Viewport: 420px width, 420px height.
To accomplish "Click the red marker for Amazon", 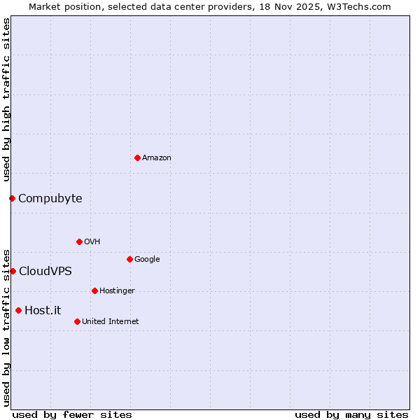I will [137, 157].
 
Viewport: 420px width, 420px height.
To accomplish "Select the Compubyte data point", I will [12, 198].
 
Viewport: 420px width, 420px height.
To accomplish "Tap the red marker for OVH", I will [79, 241].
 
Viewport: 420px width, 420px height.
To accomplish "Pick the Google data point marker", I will [129, 259].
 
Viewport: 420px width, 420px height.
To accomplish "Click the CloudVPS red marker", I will [13, 271].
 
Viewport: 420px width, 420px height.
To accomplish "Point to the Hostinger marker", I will [94, 290].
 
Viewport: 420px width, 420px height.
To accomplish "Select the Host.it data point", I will [18, 310].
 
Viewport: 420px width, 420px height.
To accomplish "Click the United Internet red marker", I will [77, 321].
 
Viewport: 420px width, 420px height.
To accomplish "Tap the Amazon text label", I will [157, 158].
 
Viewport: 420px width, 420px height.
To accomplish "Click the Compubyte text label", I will [50, 199].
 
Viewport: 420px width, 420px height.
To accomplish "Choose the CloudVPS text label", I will [45, 272].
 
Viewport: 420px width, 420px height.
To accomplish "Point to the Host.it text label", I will [43, 311].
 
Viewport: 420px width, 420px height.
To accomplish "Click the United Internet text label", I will [111, 322].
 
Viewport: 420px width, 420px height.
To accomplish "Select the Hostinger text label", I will [117, 291].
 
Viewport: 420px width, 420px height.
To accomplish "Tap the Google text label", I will [147, 260].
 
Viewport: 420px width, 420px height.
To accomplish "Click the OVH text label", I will [92, 242].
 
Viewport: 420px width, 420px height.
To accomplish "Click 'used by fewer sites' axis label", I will [72, 414].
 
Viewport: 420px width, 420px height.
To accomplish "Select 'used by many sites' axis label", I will [351, 414].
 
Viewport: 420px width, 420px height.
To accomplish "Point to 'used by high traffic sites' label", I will [6, 99].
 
